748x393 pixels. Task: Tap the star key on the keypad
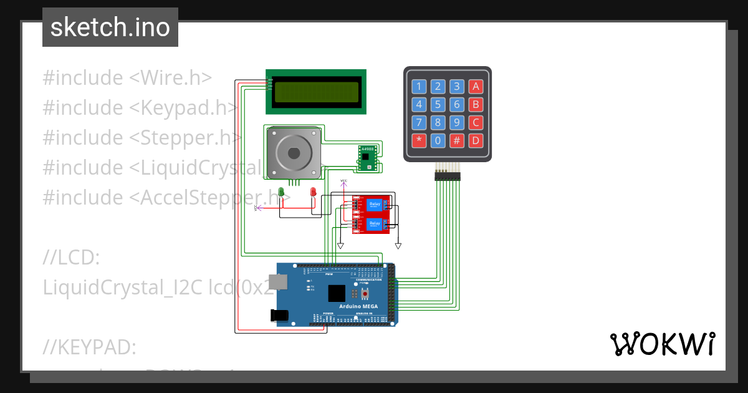point(419,140)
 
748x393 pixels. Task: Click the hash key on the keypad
point(457,140)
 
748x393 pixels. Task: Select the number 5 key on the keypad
point(438,105)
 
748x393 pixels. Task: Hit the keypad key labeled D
point(476,140)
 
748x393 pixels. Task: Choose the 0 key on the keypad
point(438,140)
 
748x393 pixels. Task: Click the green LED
point(282,192)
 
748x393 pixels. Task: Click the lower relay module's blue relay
point(375,223)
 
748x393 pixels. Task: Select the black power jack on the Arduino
point(279,316)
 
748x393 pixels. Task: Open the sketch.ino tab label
point(110,27)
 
